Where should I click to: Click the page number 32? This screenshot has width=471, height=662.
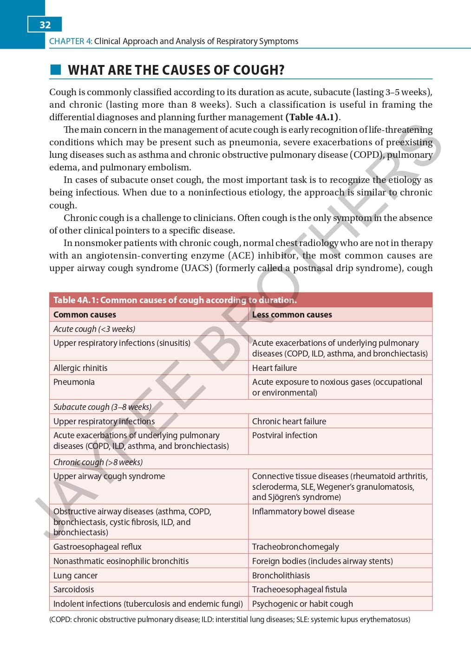click(x=45, y=25)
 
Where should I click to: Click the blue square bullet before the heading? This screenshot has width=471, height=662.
click(x=55, y=70)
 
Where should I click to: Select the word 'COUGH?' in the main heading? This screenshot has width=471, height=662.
click(x=258, y=70)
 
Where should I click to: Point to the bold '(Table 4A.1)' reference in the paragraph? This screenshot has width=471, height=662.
click(x=312, y=117)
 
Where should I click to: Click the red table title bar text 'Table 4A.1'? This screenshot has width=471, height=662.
click(x=75, y=300)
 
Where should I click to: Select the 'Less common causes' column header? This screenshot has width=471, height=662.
click(x=292, y=315)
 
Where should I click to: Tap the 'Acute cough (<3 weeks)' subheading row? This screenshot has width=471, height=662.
click(x=94, y=329)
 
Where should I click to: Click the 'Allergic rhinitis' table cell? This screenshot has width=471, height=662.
click(x=80, y=368)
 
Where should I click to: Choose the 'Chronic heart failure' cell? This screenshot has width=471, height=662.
click(x=289, y=422)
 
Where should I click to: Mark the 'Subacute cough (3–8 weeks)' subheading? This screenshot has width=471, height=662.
click(x=102, y=407)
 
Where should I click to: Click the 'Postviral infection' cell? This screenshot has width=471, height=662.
click(x=284, y=435)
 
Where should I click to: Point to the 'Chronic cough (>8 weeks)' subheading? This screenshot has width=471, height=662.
click(x=98, y=462)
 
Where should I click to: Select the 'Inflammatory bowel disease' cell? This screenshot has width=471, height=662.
click(x=303, y=512)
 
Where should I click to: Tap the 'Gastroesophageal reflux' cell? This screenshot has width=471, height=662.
click(x=98, y=547)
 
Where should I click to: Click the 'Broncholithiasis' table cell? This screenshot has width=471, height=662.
click(x=281, y=576)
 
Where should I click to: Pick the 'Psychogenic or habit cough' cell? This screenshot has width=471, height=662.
click(x=302, y=604)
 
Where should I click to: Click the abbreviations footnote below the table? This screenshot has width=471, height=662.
click(x=229, y=620)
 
